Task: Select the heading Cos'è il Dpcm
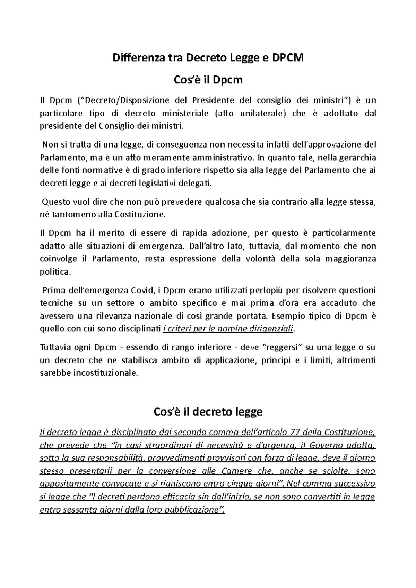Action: coord(208,80)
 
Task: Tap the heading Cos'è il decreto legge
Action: coord(208,412)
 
